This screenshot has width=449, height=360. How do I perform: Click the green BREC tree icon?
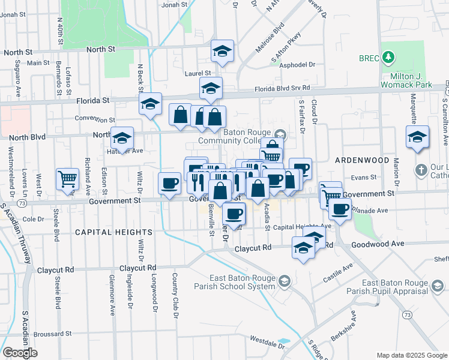pos(390,58)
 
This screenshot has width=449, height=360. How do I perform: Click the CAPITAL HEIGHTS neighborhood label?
pos(113,232)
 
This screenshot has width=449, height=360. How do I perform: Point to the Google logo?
pos(20,352)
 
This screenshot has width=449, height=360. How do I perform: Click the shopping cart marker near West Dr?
pos(67,178)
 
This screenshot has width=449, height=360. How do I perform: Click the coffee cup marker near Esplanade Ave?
pos(340,209)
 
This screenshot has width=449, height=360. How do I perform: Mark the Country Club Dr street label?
pos(175,295)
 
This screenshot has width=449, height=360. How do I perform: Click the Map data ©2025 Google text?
pos(412,355)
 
